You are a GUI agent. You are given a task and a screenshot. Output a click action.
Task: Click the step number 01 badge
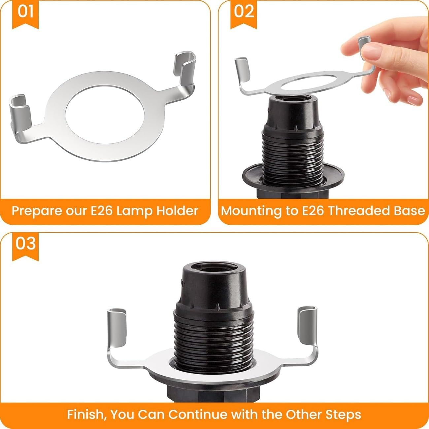25,12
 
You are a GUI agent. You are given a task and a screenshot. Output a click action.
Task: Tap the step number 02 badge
244,12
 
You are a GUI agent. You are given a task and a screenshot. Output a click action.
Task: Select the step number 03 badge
25,244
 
